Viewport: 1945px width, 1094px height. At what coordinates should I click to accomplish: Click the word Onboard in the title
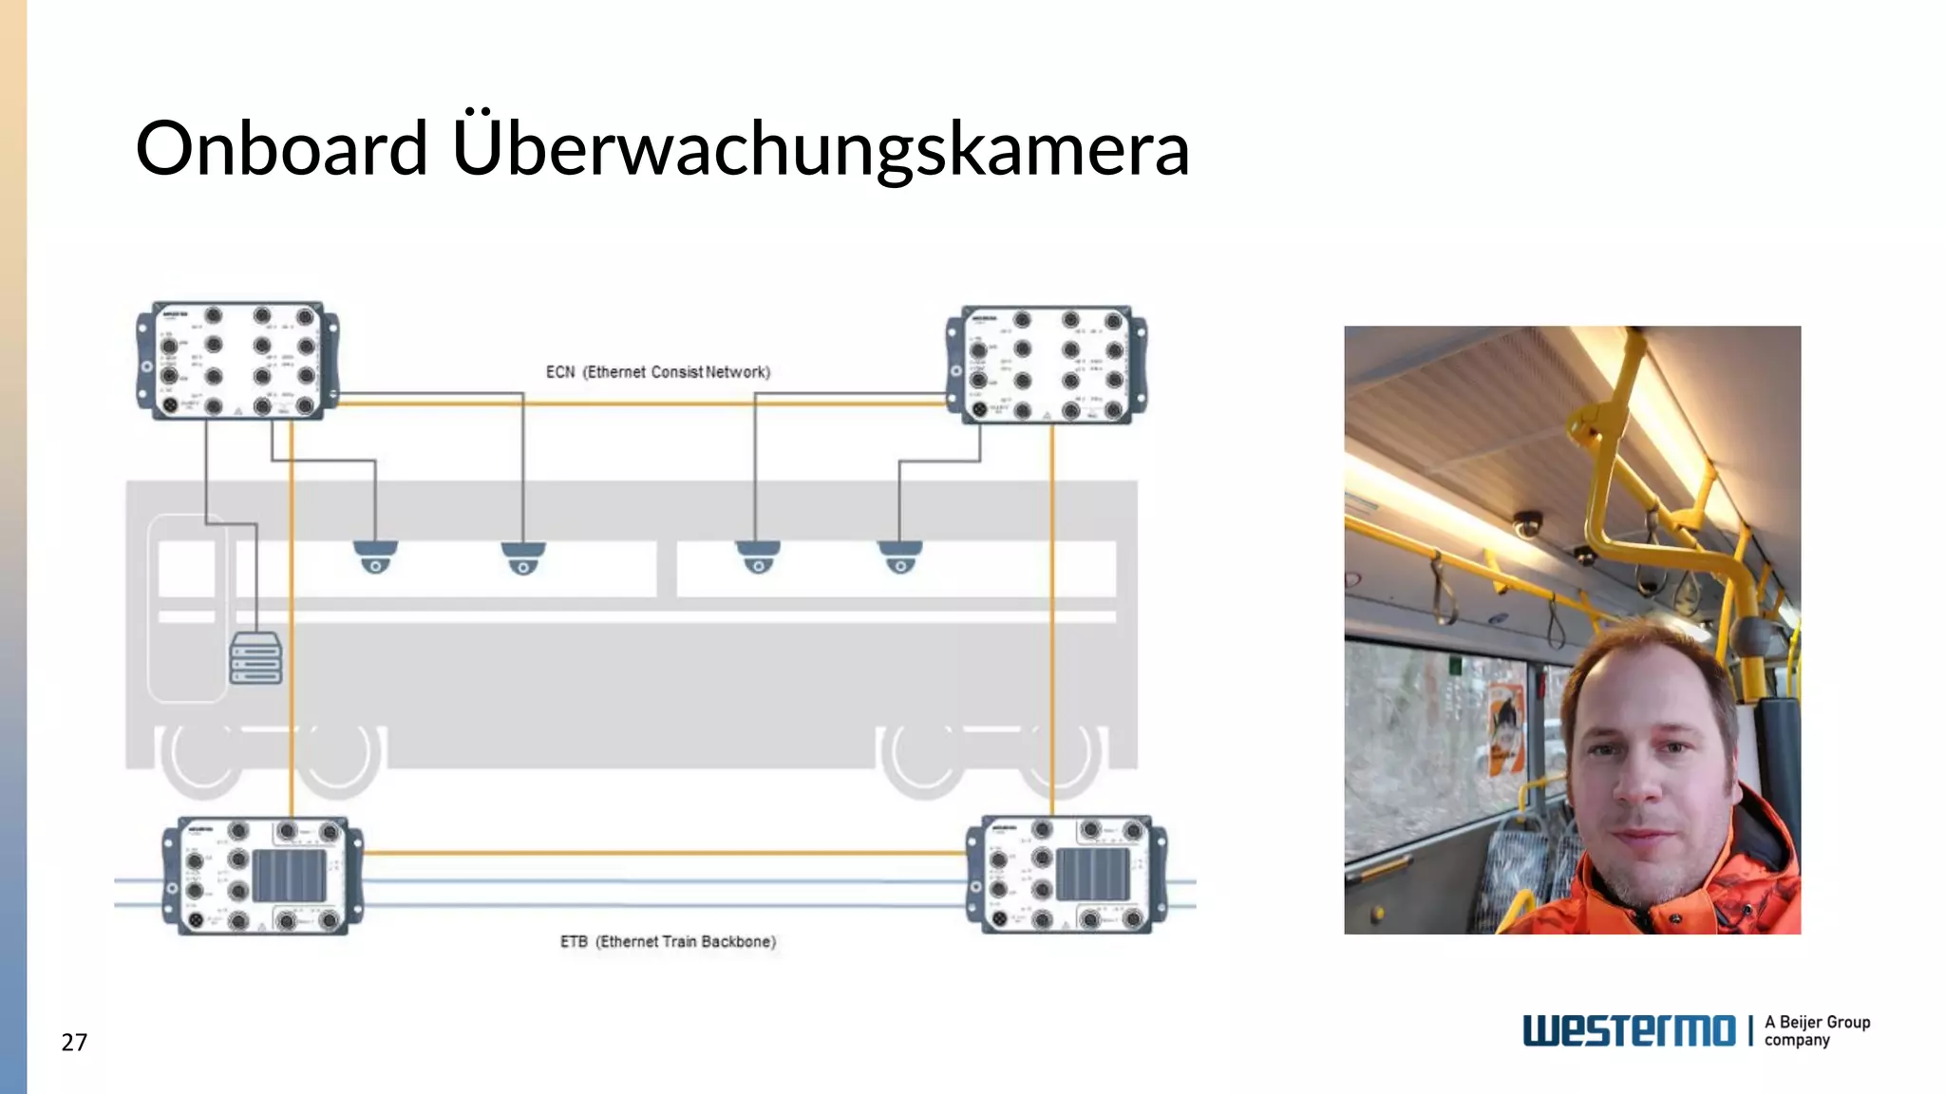click(x=281, y=148)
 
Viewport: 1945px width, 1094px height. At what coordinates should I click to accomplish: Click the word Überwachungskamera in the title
click(x=821, y=150)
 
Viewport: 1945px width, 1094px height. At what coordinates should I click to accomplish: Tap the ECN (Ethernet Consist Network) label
click(x=657, y=372)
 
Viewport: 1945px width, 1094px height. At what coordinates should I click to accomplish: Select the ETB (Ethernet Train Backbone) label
click(x=668, y=941)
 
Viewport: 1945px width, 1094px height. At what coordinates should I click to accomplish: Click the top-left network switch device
click(x=237, y=361)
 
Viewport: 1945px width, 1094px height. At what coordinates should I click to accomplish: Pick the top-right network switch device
click(x=1047, y=365)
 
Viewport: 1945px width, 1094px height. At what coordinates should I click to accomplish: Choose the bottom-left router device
click(x=262, y=876)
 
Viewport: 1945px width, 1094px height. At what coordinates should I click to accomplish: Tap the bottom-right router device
click(x=1066, y=874)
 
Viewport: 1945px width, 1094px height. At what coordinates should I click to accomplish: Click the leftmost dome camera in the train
click(x=375, y=556)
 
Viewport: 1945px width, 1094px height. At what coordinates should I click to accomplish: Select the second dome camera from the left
click(x=523, y=558)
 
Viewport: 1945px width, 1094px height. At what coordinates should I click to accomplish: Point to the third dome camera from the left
click(x=758, y=556)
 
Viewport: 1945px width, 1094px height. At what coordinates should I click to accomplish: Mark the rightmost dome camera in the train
click(x=899, y=556)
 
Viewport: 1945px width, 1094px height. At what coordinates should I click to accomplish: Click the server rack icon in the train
click(x=255, y=658)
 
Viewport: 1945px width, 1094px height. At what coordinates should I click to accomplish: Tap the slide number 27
click(x=74, y=1042)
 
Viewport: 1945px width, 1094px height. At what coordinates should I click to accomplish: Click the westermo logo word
click(x=1629, y=1030)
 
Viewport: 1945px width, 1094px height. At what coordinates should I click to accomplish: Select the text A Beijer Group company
click(x=1817, y=1030)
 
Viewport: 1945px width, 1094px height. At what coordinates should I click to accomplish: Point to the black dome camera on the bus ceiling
click(x=1527, y=524)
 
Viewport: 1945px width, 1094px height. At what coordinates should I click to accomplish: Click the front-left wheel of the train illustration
click(x=203, y=760)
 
